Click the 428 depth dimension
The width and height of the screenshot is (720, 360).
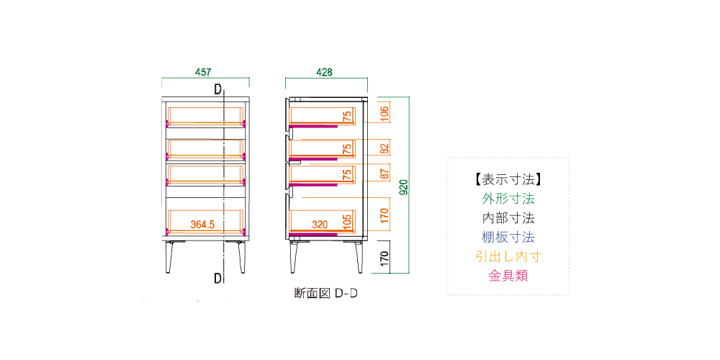click(324, 72)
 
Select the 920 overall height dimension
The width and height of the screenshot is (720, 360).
click(405, 187)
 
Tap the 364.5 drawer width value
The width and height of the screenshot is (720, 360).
click(203, 225)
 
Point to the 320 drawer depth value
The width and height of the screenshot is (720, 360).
click(320, 225)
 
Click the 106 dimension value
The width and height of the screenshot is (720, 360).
click(384, 112)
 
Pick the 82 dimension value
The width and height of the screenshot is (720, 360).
click(384, 148)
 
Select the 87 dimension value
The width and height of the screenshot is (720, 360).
click(384, 172)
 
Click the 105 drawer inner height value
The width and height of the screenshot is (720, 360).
click(348, 220)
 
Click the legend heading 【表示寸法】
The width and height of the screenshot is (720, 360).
click(508, 179)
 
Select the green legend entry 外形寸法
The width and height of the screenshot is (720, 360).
click(508, 198)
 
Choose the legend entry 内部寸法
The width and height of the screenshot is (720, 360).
click(508, 217)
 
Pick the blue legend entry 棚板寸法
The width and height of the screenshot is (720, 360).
click(508, 237)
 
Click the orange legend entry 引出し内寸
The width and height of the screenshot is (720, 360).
click(508, 256)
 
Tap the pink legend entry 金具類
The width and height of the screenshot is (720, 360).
click(508, 276)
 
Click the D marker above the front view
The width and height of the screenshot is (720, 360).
click(217, 90)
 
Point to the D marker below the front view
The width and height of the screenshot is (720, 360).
click(217, 277)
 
